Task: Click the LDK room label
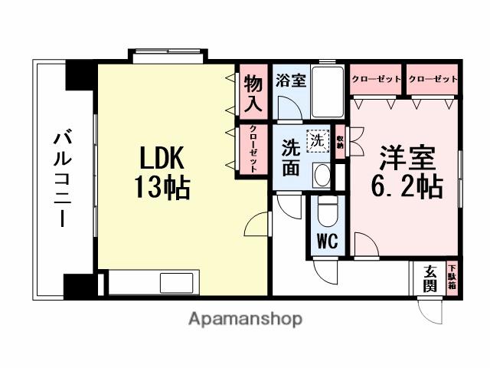(162, 159)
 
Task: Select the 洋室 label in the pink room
(408, 158)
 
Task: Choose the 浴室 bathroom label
(291, 80)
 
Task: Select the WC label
(328, 241)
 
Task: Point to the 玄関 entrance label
(430, 280)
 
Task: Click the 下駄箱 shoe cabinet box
(452, 277)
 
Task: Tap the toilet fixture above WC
(328, 210)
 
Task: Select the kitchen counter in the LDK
(153, 282)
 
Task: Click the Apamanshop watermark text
(245, 318)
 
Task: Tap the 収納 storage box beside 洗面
(340, 143)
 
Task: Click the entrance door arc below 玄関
(430, 310)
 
